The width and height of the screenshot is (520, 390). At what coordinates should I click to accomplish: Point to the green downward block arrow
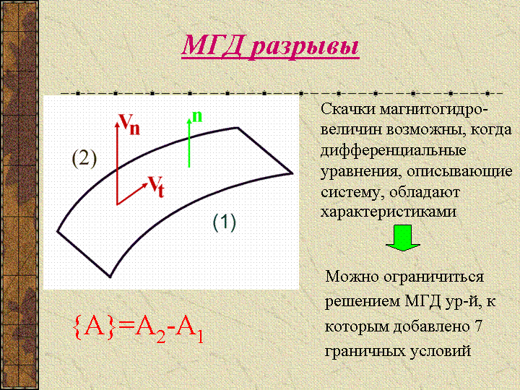[403, 238]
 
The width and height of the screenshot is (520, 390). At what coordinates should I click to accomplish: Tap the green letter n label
[197, 116]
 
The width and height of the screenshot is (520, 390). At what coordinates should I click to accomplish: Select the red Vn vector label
[130, 124]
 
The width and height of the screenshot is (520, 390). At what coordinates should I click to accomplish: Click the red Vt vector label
[155, 186]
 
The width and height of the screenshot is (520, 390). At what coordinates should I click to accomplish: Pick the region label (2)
[84, 158]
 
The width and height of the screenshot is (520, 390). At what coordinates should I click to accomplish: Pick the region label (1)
[224, 222]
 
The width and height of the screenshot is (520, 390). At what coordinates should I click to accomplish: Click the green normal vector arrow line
[189, 143]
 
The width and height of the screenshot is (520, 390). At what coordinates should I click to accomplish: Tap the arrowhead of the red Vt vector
[144, 185]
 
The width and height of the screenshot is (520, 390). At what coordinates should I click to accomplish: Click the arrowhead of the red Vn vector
[117, 124]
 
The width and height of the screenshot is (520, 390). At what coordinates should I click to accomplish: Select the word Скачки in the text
[347, 110]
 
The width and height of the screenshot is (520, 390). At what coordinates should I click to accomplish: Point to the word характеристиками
[389, 212]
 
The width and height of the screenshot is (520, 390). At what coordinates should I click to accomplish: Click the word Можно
[352, 276]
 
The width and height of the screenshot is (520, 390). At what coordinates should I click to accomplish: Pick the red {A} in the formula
[95, 328]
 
